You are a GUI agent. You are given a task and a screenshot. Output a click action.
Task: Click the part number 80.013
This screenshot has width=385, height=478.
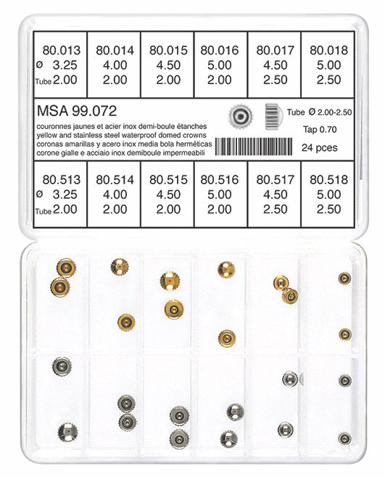point(61,51)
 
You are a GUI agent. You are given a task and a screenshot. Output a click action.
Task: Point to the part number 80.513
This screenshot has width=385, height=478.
point(61,179)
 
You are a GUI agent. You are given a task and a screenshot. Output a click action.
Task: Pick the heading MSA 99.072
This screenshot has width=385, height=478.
point(76,111)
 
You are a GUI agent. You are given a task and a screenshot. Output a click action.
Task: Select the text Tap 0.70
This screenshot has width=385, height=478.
point(321,130)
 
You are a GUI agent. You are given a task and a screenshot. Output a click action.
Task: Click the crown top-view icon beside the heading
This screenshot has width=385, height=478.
point(239,115)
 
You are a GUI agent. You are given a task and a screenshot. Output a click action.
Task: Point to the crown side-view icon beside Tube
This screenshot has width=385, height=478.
point(273,113)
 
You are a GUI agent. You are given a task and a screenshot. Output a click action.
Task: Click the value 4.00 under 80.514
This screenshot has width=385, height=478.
point(115,195)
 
